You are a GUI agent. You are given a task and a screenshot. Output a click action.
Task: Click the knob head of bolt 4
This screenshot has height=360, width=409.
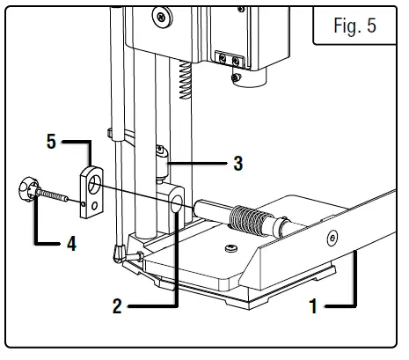[25, 189]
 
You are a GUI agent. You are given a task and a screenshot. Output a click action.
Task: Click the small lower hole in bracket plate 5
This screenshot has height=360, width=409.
[84, 205]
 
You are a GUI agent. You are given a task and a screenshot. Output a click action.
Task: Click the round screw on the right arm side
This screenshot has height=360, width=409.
[332, 239]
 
